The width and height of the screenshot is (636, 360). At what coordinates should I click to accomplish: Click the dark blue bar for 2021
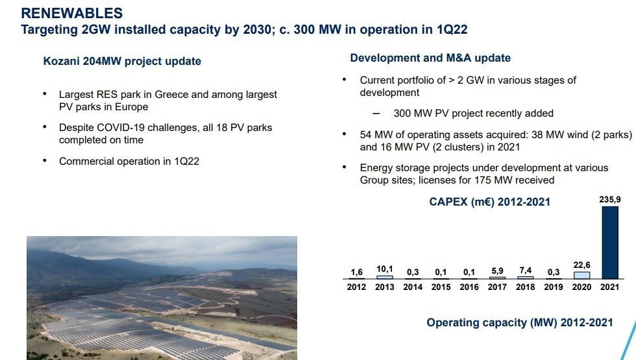coord(610,243)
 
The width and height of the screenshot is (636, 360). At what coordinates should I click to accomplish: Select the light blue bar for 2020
coord(581,275)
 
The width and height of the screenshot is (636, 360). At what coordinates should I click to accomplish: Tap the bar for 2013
coord(384,278)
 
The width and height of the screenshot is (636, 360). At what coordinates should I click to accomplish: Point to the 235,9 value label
coord(610,200)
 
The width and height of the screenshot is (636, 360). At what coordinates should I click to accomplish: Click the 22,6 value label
coord(581,265)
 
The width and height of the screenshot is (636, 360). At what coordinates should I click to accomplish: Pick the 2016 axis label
coord(469,287)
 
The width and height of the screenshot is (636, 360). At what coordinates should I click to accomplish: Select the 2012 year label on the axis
coord(356,287)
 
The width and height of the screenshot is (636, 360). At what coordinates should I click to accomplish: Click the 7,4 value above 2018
coord(525,270)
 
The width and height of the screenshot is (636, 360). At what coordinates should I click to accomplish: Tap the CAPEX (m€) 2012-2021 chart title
coord(489,202)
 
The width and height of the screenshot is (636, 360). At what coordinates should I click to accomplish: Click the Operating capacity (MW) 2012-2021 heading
coord(520,323)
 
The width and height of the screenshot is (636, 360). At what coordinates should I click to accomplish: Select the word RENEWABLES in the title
coord(72,13)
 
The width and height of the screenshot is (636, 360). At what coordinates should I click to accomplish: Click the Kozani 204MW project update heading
coord(122,61)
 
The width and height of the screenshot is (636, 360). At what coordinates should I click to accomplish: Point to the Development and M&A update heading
coord(430,58)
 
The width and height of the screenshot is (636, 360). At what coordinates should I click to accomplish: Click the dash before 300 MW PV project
coord(376,114)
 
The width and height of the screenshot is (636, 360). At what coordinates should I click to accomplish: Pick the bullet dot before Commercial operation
coord(45,161)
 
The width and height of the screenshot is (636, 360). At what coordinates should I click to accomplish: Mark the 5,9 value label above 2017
coord(497,271)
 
